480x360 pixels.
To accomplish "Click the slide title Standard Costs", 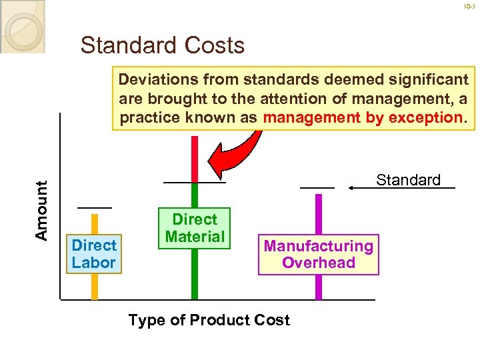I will pyautogui.click(x=162, y=45).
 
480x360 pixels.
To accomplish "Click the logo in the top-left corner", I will pyautogui.click(x=22, y=26).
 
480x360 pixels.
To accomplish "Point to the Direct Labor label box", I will pyautogui.click(x=94, y=254).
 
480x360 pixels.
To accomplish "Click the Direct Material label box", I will pyautogui.click(x=194, y=228).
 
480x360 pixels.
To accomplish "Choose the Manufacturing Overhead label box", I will pyautogui.click(x=318, y=254).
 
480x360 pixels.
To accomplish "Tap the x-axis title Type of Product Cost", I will pyautogui.click(x=209, y=320).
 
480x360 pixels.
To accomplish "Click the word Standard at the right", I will pyautogui.click(x=408, y=180).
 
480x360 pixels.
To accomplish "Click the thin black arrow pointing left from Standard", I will pyautogui.click(x=370, y=188).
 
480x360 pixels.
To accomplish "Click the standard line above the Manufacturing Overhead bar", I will pyautogui.click(x=317, y=188).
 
